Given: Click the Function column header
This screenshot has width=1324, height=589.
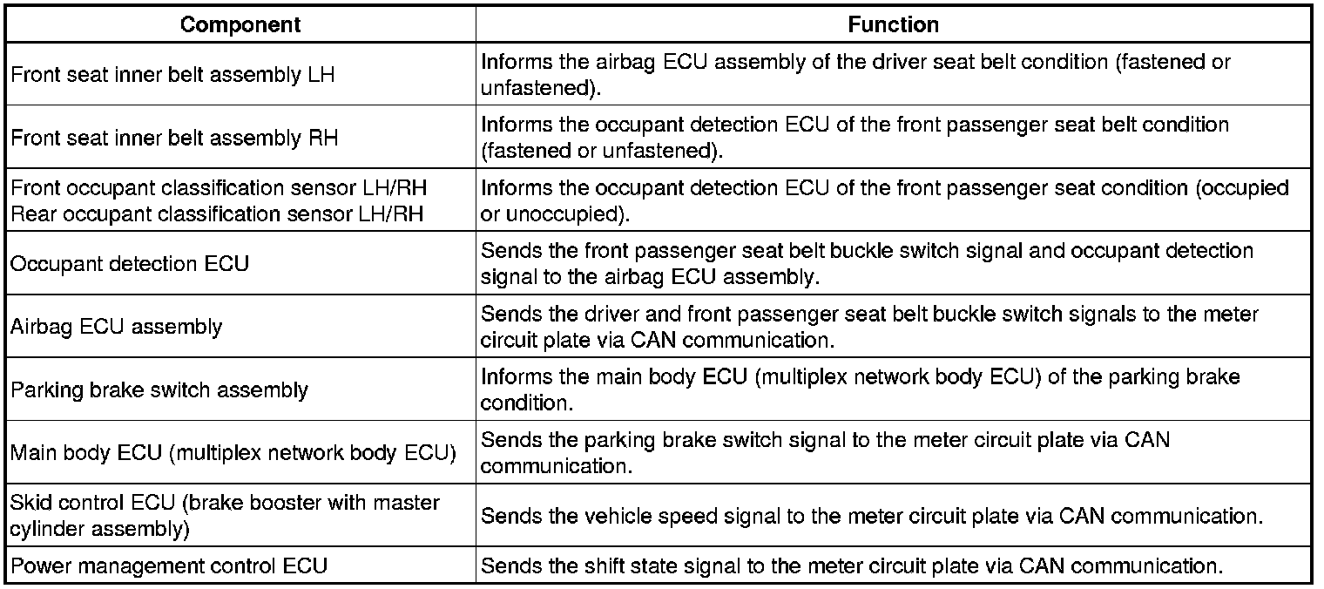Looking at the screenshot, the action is coord(893,24).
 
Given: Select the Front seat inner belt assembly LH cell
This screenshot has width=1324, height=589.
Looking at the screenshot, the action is coord(172,75).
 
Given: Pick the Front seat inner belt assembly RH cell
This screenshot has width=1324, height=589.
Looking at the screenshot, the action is coord(173,138).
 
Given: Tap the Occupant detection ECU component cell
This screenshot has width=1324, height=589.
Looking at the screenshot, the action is coord(130,263).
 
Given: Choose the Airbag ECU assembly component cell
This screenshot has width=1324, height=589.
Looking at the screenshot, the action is coord(117,327).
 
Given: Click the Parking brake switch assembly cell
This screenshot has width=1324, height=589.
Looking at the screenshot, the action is coord(159,389).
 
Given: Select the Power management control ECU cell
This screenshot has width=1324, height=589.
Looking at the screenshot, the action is coord(169,565).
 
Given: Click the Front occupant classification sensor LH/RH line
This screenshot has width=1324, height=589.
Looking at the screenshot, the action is coord(219,189).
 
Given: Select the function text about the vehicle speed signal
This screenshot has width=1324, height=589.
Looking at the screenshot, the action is coord(871,515).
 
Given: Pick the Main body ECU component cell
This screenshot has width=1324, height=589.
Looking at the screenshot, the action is coord(233,453).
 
